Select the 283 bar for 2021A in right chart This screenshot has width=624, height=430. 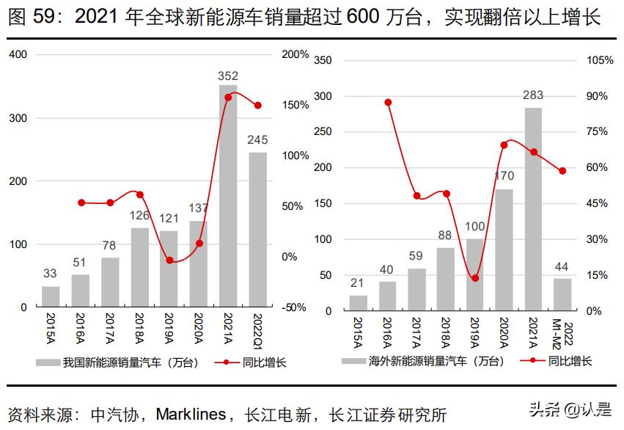tap(533, 209)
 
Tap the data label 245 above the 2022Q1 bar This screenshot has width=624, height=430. tap(257, 139)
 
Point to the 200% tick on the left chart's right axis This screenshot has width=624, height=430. tap(295, 55)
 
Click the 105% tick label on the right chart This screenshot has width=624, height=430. tap(600, 60)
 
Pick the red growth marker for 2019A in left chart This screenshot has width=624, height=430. tap(169, 260)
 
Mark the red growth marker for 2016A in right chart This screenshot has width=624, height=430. tap(388, 102)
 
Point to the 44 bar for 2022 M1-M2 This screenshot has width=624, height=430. tap(562, 294)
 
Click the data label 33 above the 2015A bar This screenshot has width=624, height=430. tap(50, 274)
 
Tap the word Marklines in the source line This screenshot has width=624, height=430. tap(191, 414)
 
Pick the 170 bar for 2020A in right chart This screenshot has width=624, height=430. tap(504, 249)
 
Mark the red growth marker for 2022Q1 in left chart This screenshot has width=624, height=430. tap(257, 105)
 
